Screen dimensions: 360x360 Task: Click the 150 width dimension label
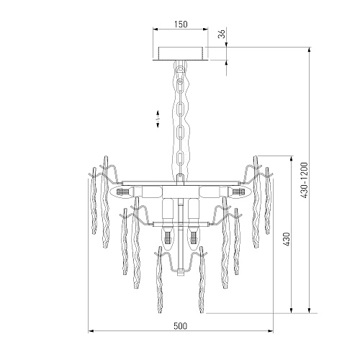point(181,24)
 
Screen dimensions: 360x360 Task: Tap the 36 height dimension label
point(222,34)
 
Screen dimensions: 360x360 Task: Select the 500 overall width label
point(180,326)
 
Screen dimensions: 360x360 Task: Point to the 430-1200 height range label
point(304,180)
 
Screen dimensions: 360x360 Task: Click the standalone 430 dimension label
point(287,239)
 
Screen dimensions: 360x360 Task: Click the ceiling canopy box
point(181,53)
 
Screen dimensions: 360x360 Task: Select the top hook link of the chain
point(181,72)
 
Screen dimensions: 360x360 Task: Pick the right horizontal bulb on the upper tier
point(237,192)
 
